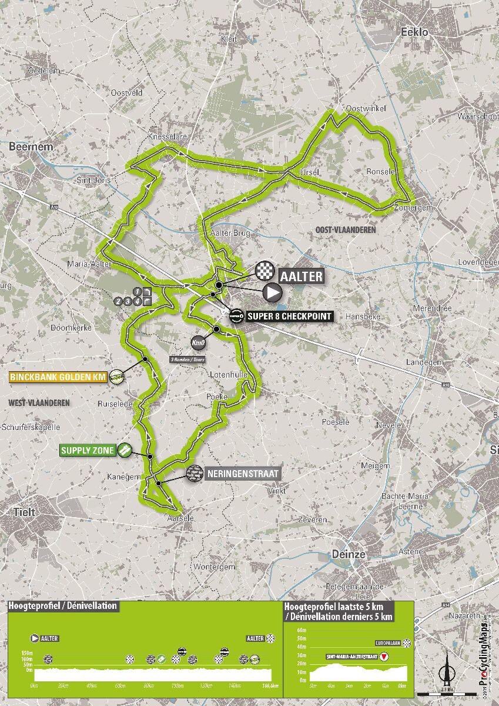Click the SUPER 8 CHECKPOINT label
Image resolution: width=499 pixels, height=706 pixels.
290,317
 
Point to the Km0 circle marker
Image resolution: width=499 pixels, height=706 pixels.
197,342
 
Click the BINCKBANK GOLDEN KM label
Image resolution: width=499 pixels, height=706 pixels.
58,377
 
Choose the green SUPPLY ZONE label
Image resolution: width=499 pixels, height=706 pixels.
88,451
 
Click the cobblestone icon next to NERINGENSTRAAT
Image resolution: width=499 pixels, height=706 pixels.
195,472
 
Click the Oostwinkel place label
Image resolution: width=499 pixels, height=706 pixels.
361,109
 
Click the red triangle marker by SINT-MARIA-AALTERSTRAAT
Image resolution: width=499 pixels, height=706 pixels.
384,657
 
